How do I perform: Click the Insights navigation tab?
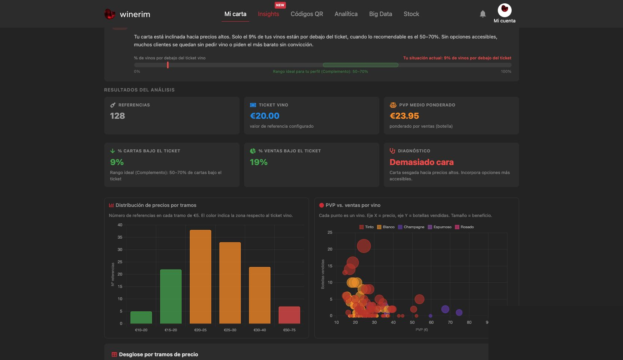[x=268, y=14]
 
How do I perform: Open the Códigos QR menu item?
[x=307, y=14]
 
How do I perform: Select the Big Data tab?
[x=380, y=14]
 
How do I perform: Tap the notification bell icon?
[x=483, y=14]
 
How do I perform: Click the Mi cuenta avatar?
[x=505, y=10]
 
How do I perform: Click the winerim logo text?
[x=135, y=14]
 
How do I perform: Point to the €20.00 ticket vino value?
[x=265, y=116]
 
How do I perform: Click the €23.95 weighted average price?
[x=404, y=116]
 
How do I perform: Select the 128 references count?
[x=117, y=116]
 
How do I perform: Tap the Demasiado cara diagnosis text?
[x=421, y=162]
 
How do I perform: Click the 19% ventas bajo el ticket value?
[x=259, y=162]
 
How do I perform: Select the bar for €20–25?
[x=200, y=277]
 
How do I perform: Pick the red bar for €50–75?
[x=289, y=315]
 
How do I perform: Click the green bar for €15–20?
[x=171, y=297]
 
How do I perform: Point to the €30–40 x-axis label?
[x=259, y=330]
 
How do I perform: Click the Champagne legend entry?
[x=411, y=227]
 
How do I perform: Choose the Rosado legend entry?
[x=464, y=227]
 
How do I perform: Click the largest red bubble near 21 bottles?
[x=364, y=246]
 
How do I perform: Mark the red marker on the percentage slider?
[x=168, y=65]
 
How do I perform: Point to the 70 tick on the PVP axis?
[x=450, y=322]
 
